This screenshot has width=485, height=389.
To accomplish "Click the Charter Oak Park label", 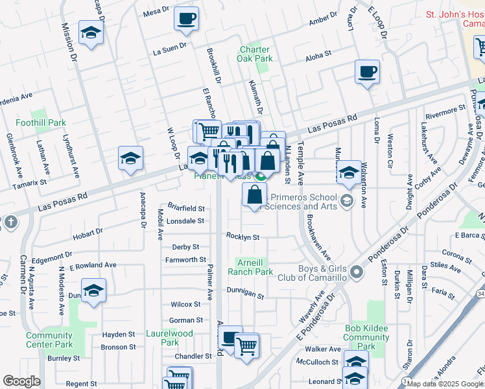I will point(255,54).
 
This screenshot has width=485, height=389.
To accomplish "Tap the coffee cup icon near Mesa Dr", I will point(187,19).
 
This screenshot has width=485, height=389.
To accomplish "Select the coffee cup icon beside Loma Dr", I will point(367,72).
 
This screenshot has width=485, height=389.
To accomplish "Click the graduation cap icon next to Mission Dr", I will point(91,32).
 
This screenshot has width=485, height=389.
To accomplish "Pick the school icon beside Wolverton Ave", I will point(349,172).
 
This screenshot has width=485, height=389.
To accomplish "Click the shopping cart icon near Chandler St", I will point(246,346).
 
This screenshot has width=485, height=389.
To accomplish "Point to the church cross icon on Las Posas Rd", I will point(10,222).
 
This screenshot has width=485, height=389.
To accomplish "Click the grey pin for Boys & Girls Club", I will point(356,273).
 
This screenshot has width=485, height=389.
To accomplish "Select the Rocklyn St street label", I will point(242,237).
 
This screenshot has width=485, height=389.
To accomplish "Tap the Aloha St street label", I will point(318,57).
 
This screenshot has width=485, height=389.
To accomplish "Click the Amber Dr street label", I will point(323,20).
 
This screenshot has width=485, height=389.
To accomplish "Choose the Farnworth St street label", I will point(185,260).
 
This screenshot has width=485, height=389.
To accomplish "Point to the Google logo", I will point(21,381).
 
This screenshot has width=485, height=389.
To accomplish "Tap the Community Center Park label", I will point(49,340).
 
